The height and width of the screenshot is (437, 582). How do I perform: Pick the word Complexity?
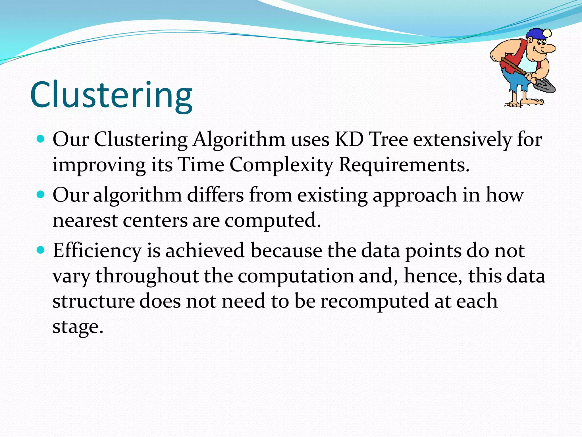click(x=281, y=165)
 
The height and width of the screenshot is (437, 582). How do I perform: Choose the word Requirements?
click(x=404, y=165)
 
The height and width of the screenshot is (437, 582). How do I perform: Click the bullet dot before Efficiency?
click(x=41, y=250)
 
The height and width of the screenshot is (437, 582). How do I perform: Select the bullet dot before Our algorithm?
click(x=41, y=195)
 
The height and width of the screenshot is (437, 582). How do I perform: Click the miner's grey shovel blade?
click(x=544, y=86)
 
